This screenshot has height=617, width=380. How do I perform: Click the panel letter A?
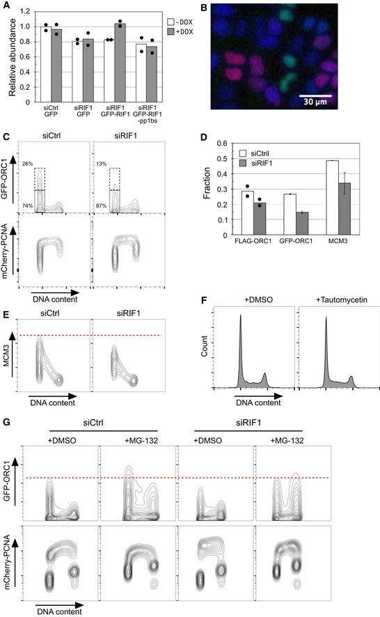point(6,6)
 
